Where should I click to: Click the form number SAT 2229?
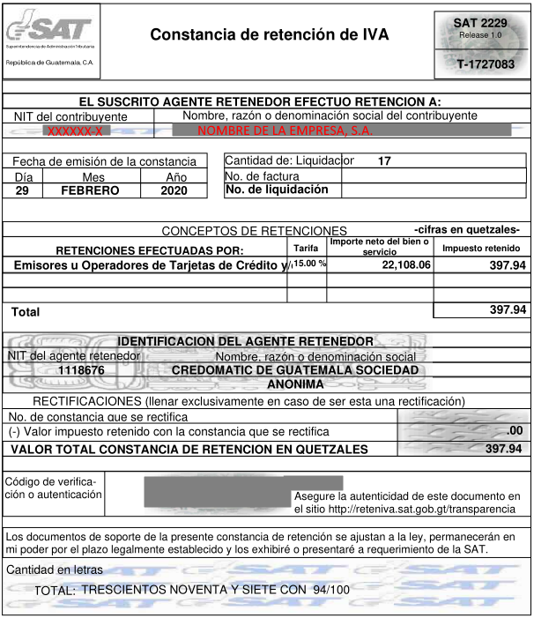479,22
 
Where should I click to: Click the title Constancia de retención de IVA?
269,35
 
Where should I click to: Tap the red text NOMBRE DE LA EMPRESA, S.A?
285,130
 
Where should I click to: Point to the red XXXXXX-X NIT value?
74,130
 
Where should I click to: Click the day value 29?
23,190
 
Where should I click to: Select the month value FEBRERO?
90,190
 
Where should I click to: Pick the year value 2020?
174,190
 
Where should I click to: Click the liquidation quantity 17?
384,161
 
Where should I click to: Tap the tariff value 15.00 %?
309,264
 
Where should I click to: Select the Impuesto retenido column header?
481,249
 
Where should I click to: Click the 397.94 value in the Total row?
507,309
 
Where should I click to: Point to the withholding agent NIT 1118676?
81,371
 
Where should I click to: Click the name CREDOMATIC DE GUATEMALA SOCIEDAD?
295,370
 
